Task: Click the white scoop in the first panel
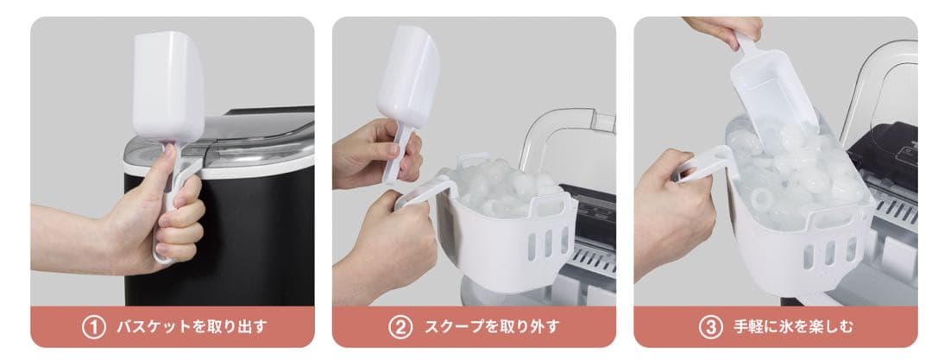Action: click(x=169, y=86)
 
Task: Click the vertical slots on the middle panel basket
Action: click(x=546, y=243)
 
